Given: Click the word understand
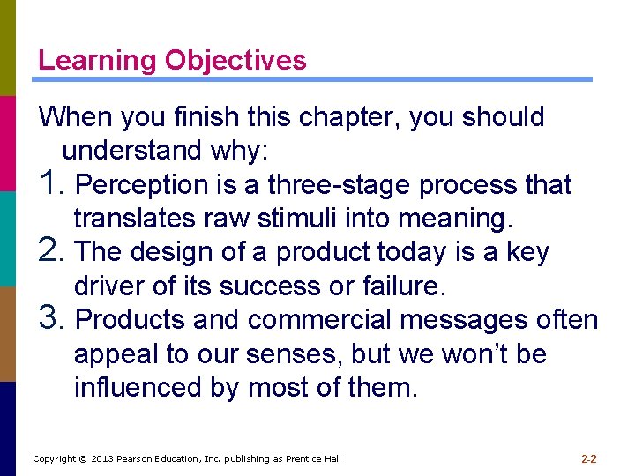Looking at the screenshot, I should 132,151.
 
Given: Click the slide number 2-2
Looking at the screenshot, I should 589,458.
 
